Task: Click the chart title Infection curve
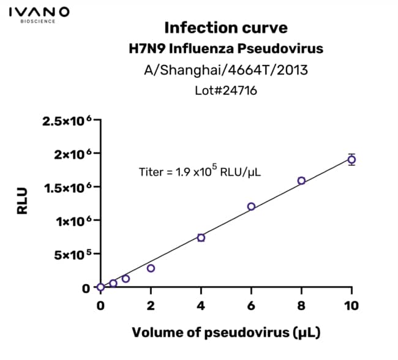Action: click(x=226, y=28)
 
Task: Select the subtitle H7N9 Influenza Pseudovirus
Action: click(x=226, y=49)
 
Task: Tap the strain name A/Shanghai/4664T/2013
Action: click(x=226, y=70)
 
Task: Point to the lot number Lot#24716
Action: click(x=226, y=91)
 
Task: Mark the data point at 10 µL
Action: click(x=351, y=160)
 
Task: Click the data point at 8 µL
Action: click(x=301, y=181)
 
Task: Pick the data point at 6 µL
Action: click(x=251, y=206)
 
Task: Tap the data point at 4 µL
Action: click(x=201, y=238)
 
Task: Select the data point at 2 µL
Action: click(x=151, y=268)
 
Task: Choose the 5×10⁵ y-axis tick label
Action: click(x=73, y=254)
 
